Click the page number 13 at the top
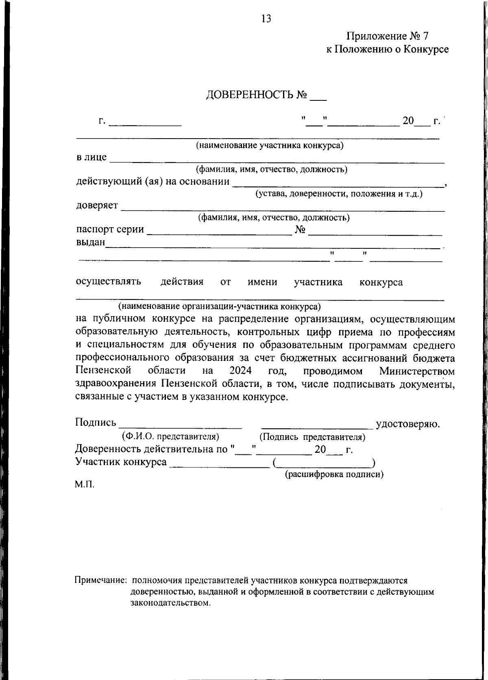click(266, 19)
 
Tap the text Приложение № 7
click(387, 36)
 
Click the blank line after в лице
click(277, 160)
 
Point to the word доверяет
click(97, 205)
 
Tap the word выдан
click(90, 242)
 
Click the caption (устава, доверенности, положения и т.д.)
click(339, 194)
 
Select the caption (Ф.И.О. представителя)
click(171, 437)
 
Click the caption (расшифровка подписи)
click(334, 474)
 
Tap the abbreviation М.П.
click(84, 484)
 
